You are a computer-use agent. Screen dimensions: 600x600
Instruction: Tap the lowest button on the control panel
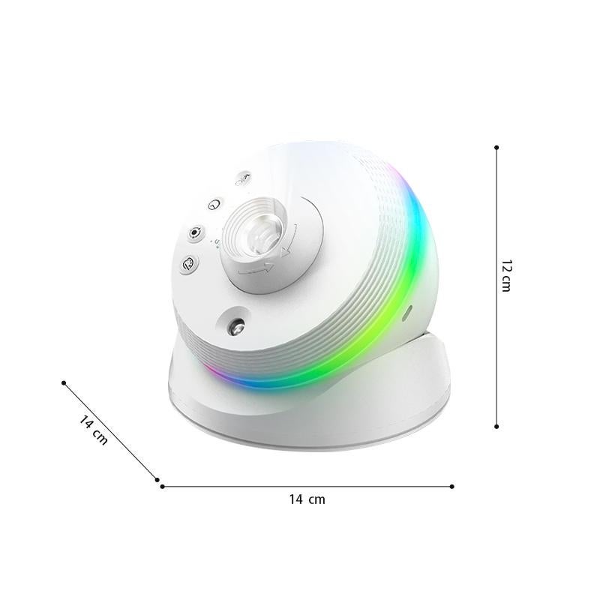pyautogui.click(x=188, y=263)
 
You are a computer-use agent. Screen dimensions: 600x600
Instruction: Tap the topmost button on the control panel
pyautogui.click(x=241, y=179)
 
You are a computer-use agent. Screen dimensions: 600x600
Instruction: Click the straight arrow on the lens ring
pyautogui.click(x=252, y=268)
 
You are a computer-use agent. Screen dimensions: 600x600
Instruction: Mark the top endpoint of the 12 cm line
pyautogui.click(x=496, y=148)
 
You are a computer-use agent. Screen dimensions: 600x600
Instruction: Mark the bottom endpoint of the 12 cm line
pyautogui.click(x=496, y=426)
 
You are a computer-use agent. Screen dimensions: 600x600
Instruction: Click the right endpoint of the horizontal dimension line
pyautogui.click(x=451, y=486)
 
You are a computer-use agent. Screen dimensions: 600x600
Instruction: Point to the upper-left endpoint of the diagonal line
pyautogui.click(x=64, y=382)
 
